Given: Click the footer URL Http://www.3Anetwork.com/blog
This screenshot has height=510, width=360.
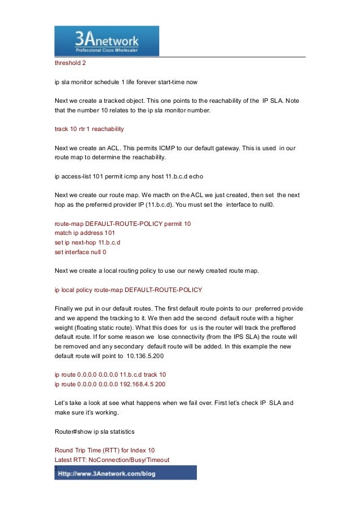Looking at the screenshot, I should (x=125, y=473).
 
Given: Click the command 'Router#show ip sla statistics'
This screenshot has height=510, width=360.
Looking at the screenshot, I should (x=94, y=432).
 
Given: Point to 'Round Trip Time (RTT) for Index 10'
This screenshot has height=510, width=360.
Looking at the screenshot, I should (x=104, y=451).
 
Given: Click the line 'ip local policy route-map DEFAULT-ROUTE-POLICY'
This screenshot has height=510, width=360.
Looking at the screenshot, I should (x=128, y=290).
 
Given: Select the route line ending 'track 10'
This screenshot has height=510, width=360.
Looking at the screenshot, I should (x=110, y=374).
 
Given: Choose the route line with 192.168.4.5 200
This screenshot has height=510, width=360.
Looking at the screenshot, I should (x=110, y=384).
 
